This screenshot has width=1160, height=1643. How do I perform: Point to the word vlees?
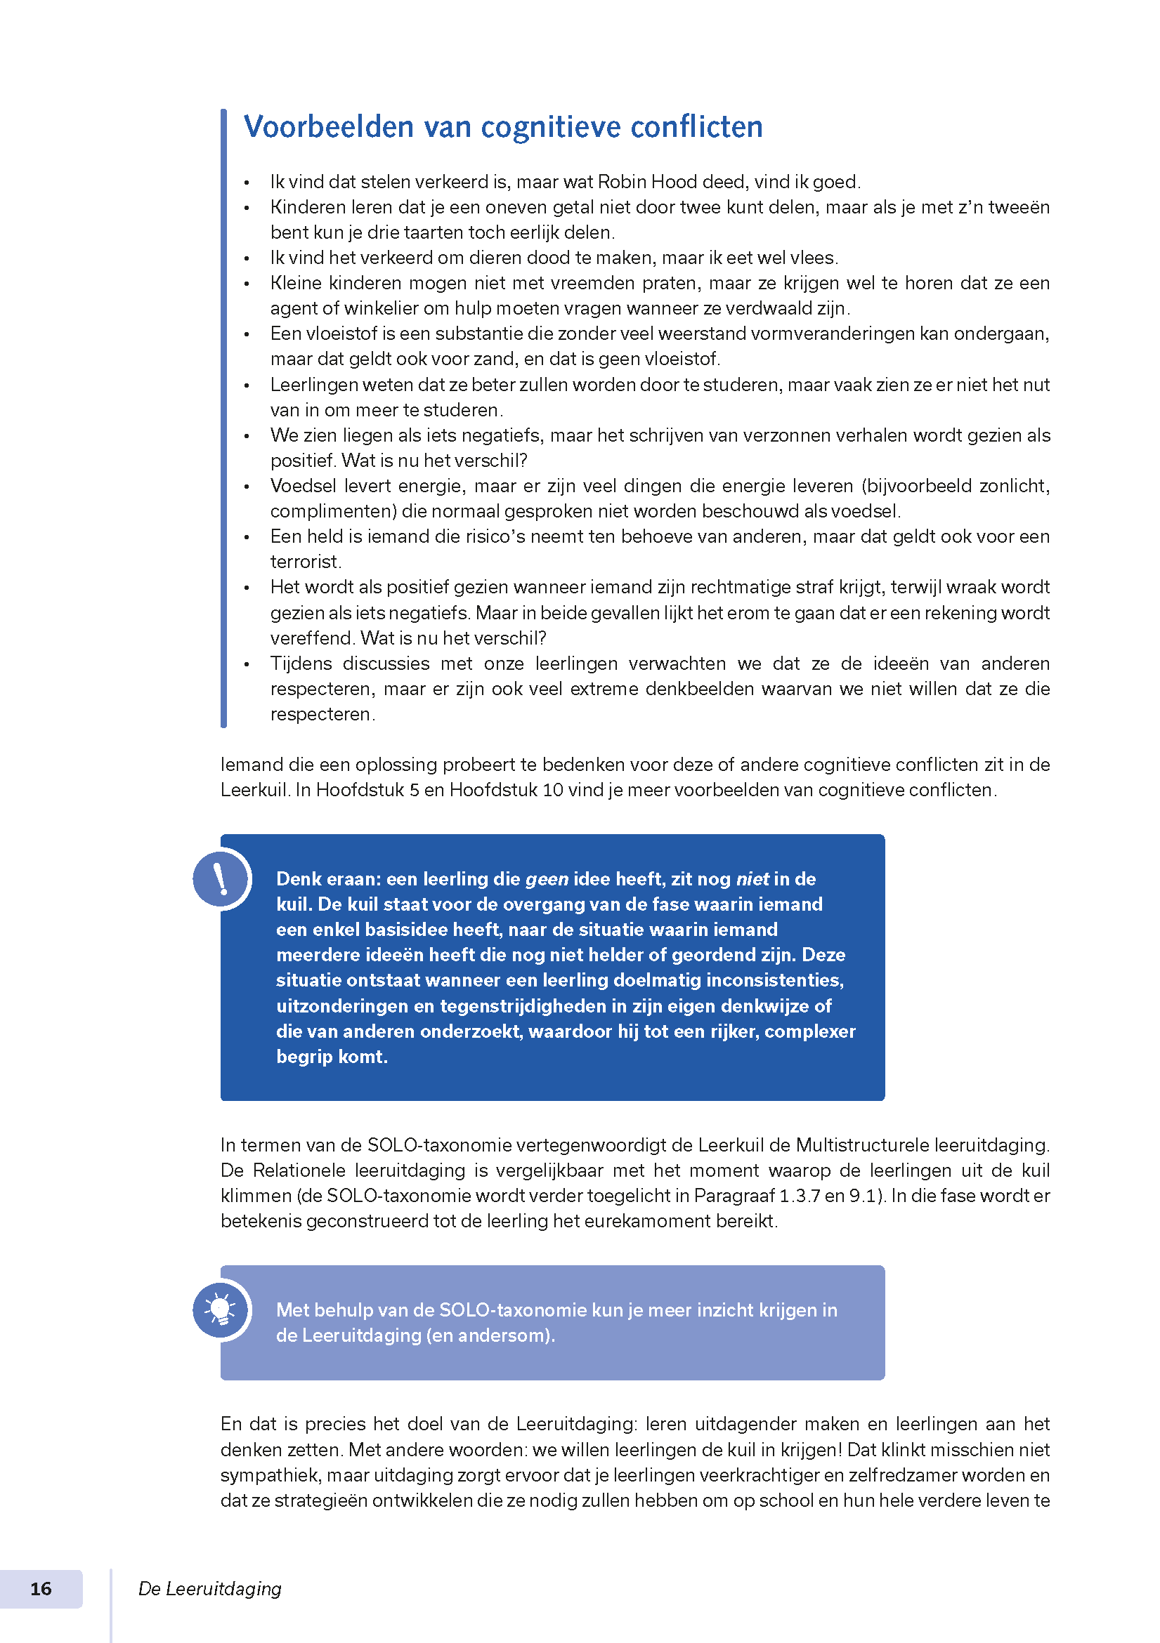point(814,258)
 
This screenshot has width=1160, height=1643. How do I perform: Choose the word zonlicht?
point(1013,486)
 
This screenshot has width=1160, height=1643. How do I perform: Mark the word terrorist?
point(304,562)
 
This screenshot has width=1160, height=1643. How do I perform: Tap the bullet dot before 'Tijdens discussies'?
point(247,665)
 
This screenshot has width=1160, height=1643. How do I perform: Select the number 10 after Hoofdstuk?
point(552,790)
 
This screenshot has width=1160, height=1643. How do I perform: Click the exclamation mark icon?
point(221,878)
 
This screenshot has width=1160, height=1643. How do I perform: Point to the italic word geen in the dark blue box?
point(547,879)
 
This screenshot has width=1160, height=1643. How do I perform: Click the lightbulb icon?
point(221,1310)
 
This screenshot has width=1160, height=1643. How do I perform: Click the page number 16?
point(41,1589)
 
